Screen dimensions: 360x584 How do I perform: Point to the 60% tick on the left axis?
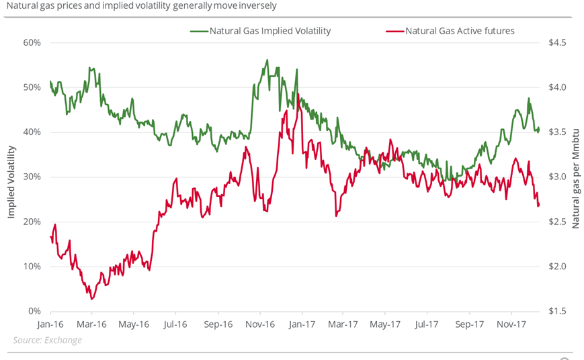click(x=32, y=42)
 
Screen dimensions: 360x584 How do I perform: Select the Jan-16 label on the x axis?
click(x=50, y=324)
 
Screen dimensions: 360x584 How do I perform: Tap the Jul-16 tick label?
click(x=175, y=324)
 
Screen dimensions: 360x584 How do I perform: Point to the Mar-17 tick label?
click(x=343, y=324)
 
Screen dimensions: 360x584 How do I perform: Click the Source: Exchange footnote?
click(x=47, y=340)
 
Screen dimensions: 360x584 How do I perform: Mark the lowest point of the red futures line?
click(x=91, y=299)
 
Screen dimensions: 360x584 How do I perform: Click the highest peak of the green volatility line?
click(x=267, y=60)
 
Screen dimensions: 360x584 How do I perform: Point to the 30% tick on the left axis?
click(x=32, y=177)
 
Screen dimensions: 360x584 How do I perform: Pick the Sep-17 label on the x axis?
click(x=470, y=324)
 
